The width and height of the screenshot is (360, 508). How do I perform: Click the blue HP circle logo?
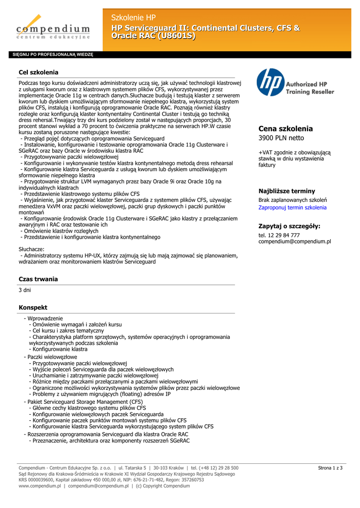tap(271, 82)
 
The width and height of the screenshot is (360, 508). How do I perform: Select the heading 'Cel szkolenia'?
tap(39, 72)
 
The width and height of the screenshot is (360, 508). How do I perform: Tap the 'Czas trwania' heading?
tap(38, 279)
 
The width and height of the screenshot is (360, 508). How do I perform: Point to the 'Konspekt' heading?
tap(33, 308)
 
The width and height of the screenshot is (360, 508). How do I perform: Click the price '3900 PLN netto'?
tap(282, 138)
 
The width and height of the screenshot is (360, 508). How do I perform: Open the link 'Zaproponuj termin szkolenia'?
tap(292, 207)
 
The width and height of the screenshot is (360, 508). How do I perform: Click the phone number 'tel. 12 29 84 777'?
tap(279, 235)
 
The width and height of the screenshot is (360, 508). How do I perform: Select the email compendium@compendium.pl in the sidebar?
tap(294, 242)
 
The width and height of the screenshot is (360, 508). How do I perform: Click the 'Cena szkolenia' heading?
tap(286, 128)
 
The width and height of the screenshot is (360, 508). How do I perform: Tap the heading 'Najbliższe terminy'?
tap(287, 191)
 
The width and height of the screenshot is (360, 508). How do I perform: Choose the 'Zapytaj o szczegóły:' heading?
tap(289, 226)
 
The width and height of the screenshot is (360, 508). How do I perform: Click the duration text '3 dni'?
tap(25, 290)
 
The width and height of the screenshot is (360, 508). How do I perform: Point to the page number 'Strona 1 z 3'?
tap(330, 468)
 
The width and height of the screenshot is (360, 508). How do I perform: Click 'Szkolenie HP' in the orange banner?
tap(134, 18)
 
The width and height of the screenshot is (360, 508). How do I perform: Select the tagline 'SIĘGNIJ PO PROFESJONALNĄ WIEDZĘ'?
tap(53, 55)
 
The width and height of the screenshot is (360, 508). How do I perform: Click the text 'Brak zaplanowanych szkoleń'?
tap(292, 200)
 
